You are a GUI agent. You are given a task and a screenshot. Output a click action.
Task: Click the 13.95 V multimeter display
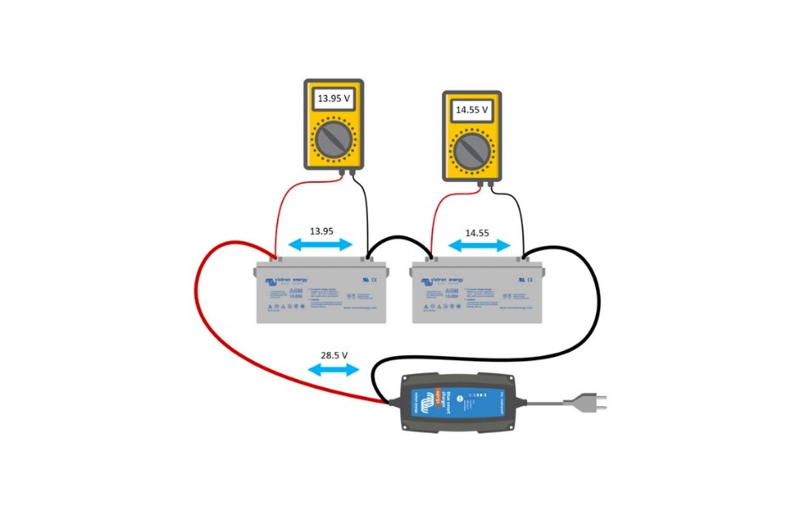pyautogui.click(x=334, y=99)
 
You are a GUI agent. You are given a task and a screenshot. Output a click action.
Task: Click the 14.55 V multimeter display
pyautogui.click(x=472, y=110)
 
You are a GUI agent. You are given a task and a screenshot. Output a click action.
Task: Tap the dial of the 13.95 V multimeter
pyautogui.click(x=334, y=139)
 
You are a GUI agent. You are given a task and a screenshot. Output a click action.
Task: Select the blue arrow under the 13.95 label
pyautogui.click(x=320, y=245)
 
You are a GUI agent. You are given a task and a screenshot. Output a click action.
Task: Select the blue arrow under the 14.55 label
pyautogui.click(x=479, y=245)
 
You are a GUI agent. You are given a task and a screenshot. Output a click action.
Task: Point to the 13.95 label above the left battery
pyautogui.click(x=320, y=230)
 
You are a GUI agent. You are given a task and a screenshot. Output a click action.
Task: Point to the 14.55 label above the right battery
pyautogui.click(x=479, y=230)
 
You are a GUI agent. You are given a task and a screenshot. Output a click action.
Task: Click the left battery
pyautogui.click(x=321, y=293)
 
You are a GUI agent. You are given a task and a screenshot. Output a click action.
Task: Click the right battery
pyautogui.click(x=478, y=293)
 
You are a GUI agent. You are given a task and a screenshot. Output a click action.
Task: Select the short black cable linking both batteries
pyautogui.click(x=399, y=241)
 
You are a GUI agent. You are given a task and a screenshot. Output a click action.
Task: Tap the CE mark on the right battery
pyautogui.click(x=528, y=280)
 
